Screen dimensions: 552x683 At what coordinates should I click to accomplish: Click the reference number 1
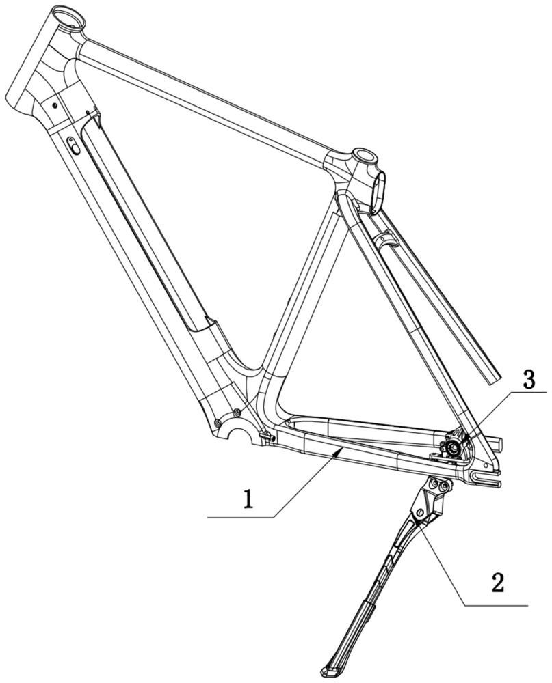[x=248, y=499]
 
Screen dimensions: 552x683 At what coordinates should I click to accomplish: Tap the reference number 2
[x=498, y=582]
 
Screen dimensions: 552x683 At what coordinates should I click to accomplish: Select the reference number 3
[x=529, y=381]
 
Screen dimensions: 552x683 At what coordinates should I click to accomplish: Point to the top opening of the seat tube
[x=364, y=155]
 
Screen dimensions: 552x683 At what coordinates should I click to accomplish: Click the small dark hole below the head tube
[x=55, y=104]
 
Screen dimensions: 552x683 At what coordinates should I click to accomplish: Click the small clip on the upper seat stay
[x=386, y=239]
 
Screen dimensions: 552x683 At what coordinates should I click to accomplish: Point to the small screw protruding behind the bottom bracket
[x=266, y=436]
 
